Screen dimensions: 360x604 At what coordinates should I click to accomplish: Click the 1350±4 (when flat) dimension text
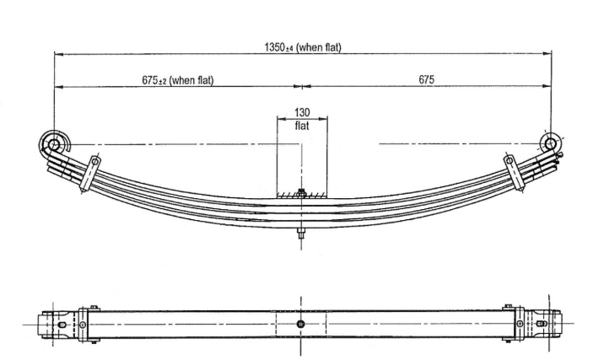point(303,47)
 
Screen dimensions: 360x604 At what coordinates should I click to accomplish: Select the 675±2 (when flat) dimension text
point(177,80)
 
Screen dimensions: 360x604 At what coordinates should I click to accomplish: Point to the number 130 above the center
point(302,112)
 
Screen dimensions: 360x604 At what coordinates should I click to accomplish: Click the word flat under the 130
point(302,126)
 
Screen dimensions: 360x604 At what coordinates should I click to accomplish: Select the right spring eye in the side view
point(551,144)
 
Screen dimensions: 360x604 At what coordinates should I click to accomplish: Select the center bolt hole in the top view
point(301,324)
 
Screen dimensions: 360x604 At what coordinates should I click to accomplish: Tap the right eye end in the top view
point(545,324)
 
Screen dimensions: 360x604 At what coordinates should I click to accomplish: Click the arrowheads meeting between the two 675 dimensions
point(301,86)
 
